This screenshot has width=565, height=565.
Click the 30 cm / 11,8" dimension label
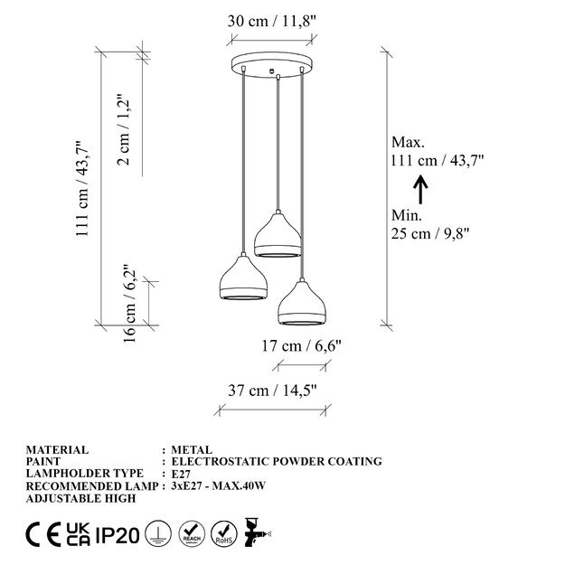[x=272, y=21]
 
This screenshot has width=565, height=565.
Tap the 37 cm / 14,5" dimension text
[x=272, y=391]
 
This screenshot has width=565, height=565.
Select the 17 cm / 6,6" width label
[x=301, y=346]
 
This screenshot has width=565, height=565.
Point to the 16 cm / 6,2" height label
[x=129, y=304]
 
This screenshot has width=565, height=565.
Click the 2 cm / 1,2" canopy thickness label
[x=123, y=129]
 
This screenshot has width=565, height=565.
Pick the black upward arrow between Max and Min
[x=420, y=190]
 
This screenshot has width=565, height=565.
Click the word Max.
[x=408, y=142]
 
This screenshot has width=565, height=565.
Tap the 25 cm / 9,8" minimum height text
[x=430, y=234]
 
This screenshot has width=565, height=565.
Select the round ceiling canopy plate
[x=273, y=65]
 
